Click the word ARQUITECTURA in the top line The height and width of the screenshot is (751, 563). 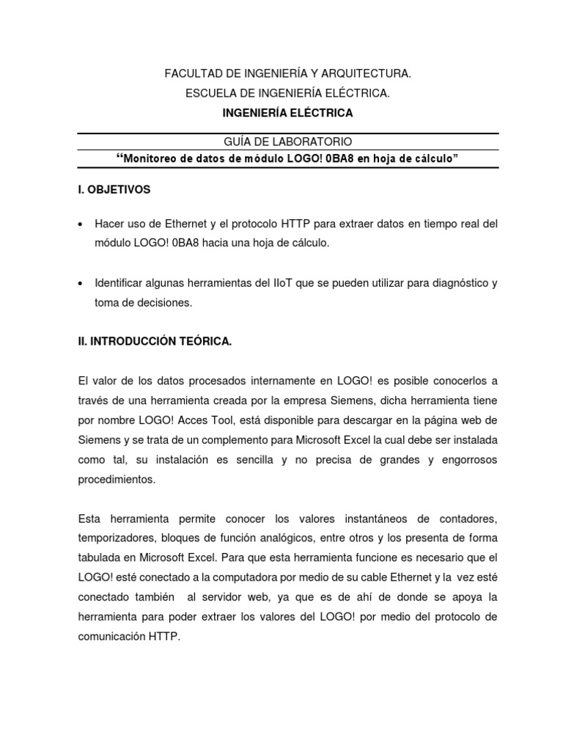[x=363, y=74]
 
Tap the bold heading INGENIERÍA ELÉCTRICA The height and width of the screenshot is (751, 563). [x=287, y=113]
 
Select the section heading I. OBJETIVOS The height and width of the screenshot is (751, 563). [x=114, y=189]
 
